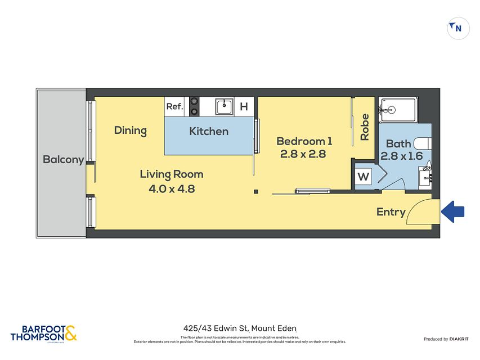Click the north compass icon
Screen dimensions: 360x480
(x=458, y=28)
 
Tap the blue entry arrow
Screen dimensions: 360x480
(x=453, y=211)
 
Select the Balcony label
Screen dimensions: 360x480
(x=63, y=160)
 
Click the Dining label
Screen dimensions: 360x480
(x=130, y=130)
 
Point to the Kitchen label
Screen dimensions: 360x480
(x=208, y=132)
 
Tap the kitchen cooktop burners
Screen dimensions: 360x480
(x=194, y=106)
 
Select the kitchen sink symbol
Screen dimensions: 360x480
(x=224, y=106)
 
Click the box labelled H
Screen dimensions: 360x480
(x=244, y=106)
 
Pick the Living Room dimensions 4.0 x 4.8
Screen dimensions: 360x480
(x=172, y=189)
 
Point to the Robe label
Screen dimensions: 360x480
(x=365, y=128)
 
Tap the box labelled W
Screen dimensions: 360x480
(x=364, y=177)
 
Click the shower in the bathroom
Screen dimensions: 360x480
(x=398, y=109)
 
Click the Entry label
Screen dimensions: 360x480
(x=391, y=212)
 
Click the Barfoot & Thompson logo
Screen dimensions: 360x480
(x=43, y=333)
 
